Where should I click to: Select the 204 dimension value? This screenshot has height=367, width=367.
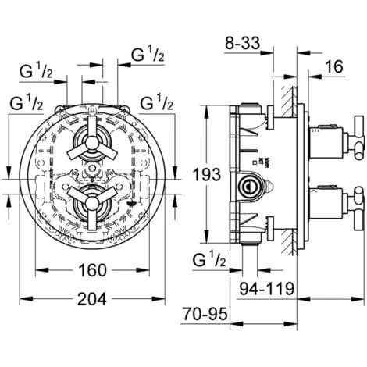pyautogui.click(x=91, y=301)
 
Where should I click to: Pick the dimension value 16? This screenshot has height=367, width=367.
pyautogui.click(x=333, y=69)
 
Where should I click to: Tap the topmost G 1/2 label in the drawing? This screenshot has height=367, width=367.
pyautogui.click(x=146, y=54)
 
